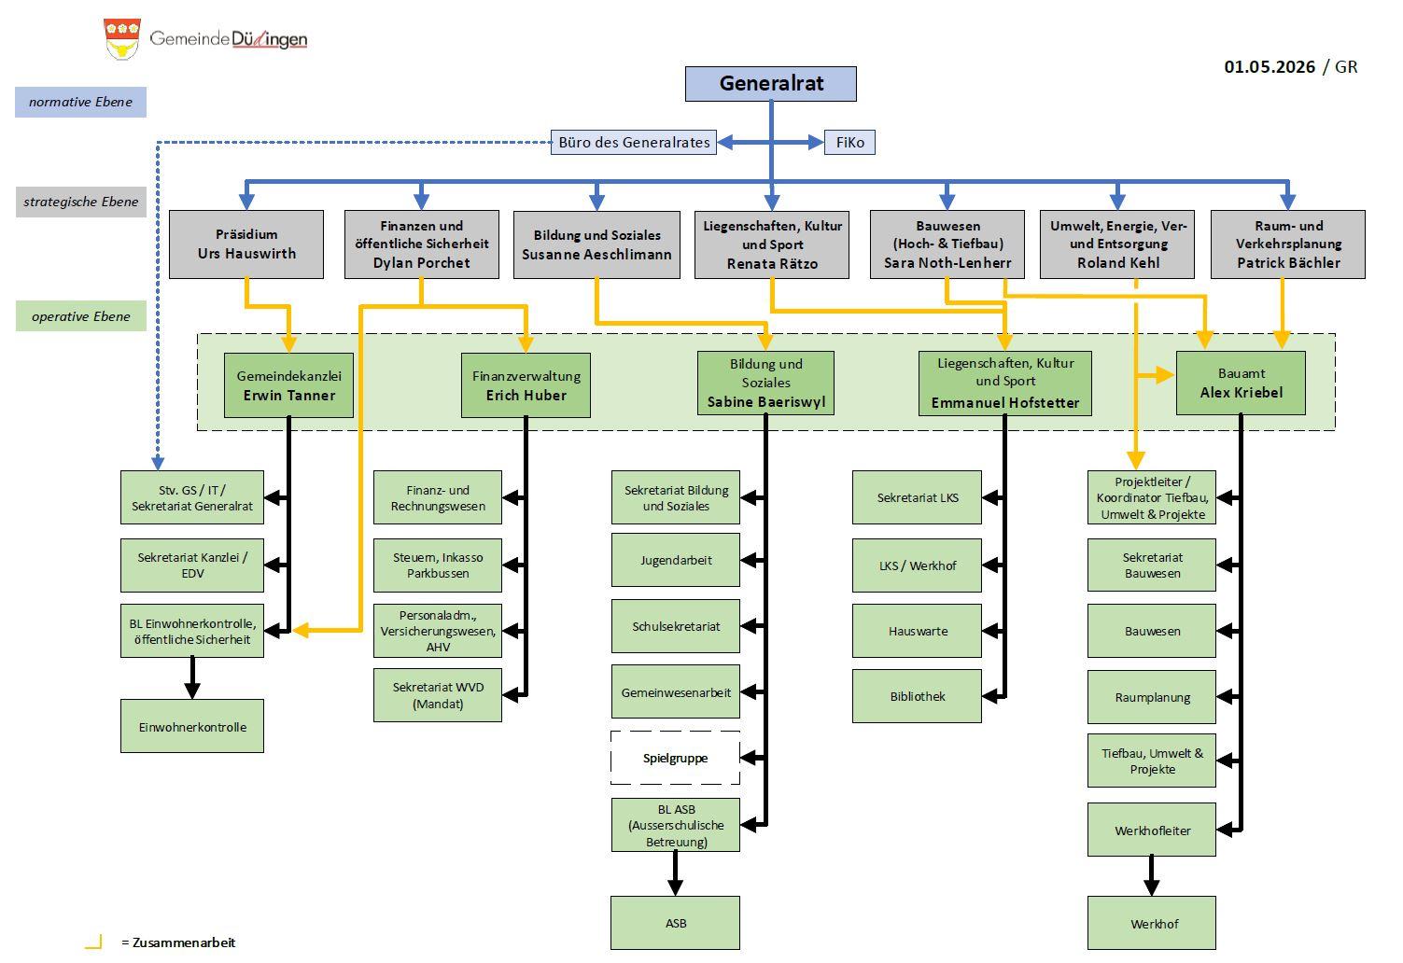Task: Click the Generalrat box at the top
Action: (770, 84)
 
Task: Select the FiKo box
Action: (849, 142)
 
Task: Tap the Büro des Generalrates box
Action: (634, 142)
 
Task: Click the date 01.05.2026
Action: (1270, 67)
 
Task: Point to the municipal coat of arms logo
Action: (122, 39)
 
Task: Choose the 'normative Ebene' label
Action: (81, 102)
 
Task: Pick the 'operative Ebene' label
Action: (81, 316)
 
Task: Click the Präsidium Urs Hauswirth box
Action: (246, 244)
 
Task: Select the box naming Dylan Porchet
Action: (422, 244)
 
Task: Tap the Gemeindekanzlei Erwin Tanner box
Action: (288, 385)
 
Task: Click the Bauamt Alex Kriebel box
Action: (1241, 383)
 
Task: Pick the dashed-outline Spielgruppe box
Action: (675, 758)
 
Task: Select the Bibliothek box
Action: (917, 696)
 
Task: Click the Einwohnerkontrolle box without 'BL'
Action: (192, 726)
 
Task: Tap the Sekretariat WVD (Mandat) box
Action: (438, 695)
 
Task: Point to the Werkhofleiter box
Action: (1152, 830)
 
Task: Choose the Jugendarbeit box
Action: (676, 560)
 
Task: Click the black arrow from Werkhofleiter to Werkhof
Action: (1151, 876)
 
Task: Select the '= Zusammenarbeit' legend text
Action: (178, 942)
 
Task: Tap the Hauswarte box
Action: (917, 631)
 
